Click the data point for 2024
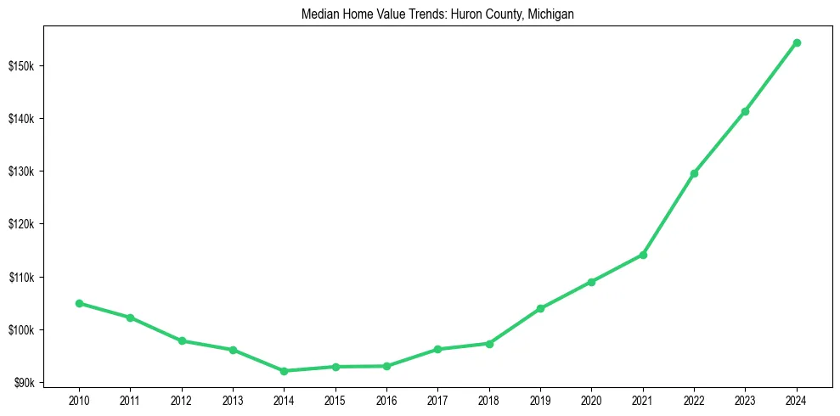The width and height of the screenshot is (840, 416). point(797,42)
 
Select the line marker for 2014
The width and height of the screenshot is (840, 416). point(284,371)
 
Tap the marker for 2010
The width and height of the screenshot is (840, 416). point(79,303)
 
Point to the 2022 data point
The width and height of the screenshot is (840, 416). point(694,173)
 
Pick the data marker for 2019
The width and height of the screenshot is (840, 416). point(540,308)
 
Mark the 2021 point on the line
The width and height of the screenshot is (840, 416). point(643,255)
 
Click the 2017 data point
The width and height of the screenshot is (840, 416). point(437,349)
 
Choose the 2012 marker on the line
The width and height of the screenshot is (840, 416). point(182,340)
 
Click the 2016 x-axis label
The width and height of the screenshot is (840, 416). point(386,400)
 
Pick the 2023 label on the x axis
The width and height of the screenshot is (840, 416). point(745,400)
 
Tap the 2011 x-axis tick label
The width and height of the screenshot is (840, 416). point(130,400)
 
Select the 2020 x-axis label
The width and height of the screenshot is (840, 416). point(591,400)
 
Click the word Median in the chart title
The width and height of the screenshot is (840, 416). point(318,14)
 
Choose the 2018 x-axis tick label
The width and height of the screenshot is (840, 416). point(489,400)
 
